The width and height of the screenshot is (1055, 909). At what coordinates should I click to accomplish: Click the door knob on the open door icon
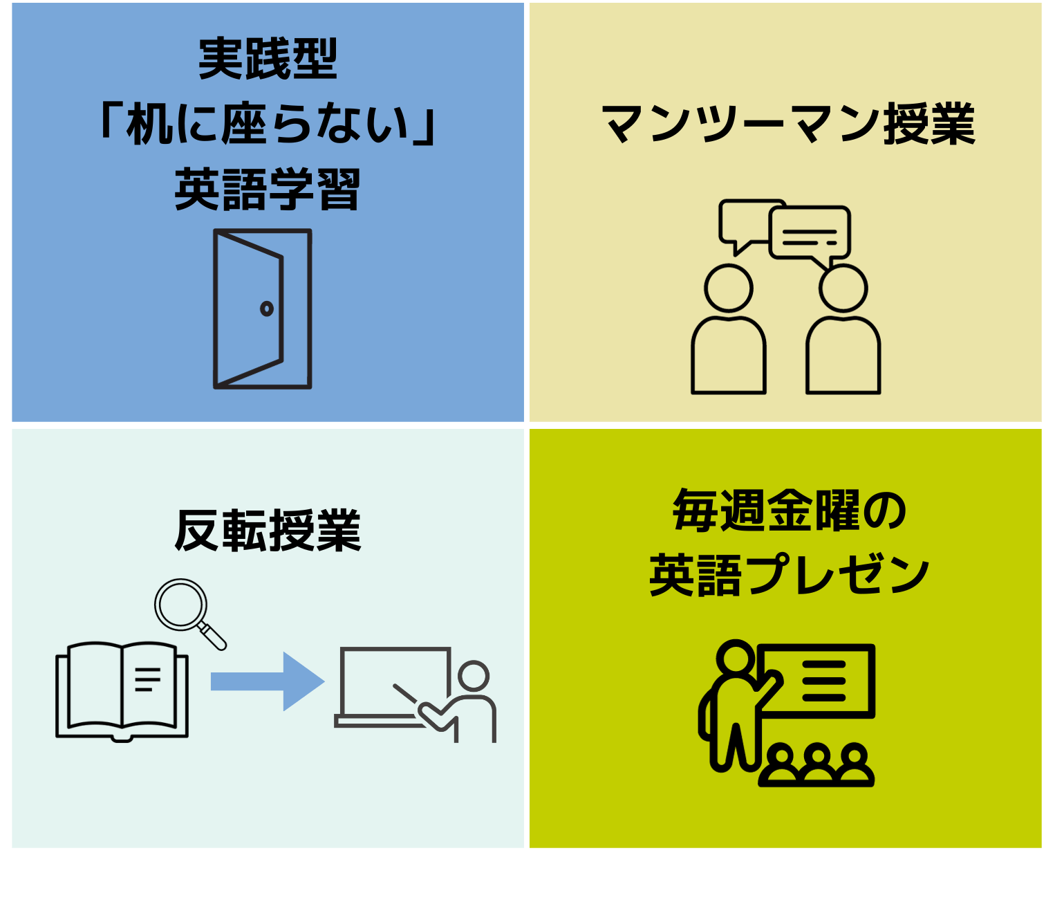click(x=267, y=309)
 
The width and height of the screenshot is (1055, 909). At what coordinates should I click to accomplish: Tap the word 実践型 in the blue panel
click(x=268, y=59)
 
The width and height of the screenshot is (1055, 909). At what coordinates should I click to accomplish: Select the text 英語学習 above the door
click(x=268, y=190)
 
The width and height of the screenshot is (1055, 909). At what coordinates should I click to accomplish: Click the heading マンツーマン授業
click(x=788, y=125)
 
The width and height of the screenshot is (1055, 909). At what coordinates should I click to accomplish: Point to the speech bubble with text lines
click(x=810, y=234)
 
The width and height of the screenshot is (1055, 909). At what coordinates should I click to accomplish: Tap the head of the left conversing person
click(x=729, y=288)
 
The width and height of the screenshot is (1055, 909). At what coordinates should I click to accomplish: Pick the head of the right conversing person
click(x=843, y=288)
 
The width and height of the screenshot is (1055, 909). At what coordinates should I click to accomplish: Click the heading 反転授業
click(x=268, y=531)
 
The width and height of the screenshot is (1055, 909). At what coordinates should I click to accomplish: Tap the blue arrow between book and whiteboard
click(x=267, y=681)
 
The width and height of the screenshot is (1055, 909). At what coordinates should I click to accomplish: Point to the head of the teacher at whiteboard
click(x=474, y=676)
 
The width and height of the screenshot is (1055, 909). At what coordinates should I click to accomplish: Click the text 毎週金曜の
click(x=788, y=511)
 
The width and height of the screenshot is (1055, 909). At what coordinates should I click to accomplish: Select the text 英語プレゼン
click(x=788, y=575)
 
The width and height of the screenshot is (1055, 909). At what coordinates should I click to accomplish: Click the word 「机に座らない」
click(x=268, y=125)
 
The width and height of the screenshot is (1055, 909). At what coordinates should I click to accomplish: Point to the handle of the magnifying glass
click(x=213, y=636)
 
